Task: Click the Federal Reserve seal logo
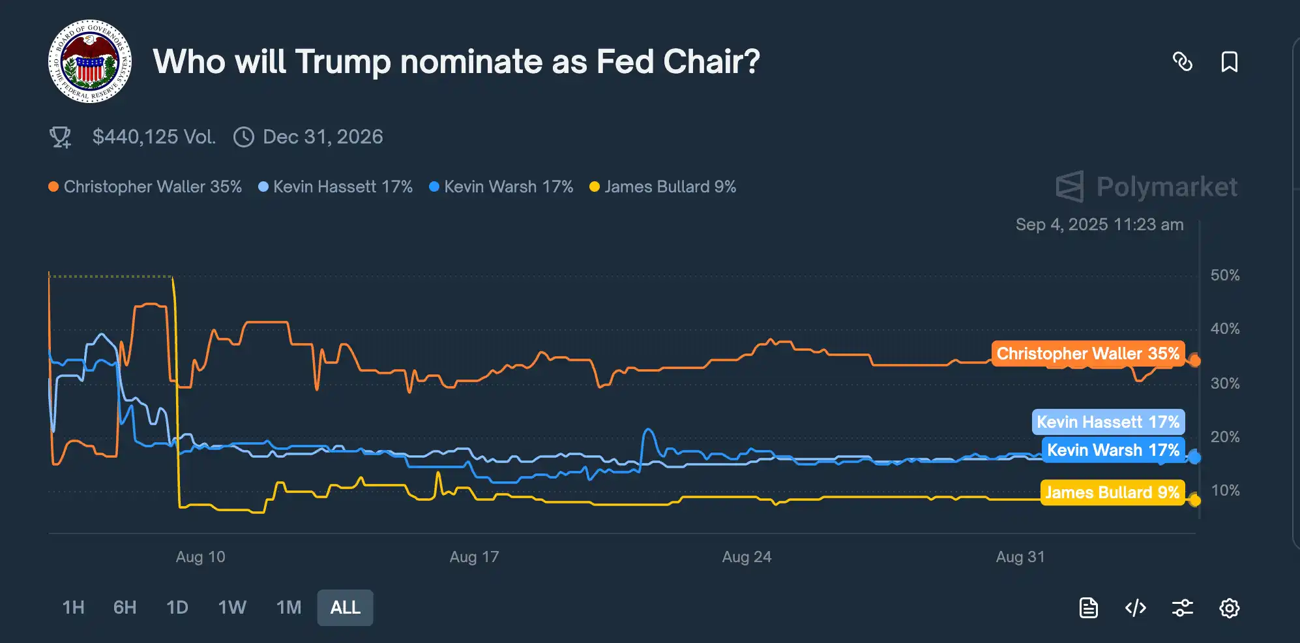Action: [90, 61]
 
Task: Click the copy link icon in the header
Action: [1182, 62]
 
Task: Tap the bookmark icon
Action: [1229, 62]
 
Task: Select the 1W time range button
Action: [232, 608]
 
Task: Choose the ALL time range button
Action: [345, 608]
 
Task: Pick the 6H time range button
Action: [125, 608]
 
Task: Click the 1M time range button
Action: [289, 608]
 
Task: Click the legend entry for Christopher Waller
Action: [145, 187]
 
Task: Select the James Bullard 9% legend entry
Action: [663, 187]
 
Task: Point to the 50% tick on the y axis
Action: [1225, 275]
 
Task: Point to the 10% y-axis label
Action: [1225, 490]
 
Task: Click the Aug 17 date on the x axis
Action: [474, 557]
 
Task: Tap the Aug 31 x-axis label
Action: [1020, 557]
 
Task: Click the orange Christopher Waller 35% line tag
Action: [1087, 353]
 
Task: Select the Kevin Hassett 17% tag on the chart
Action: [1108, 422]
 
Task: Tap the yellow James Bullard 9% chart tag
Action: [1112, 492]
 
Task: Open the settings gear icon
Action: [1229, 608]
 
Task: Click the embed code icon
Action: [1135, 608]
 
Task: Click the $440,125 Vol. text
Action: [154, 137]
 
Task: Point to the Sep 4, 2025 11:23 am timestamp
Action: [1099, 225]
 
